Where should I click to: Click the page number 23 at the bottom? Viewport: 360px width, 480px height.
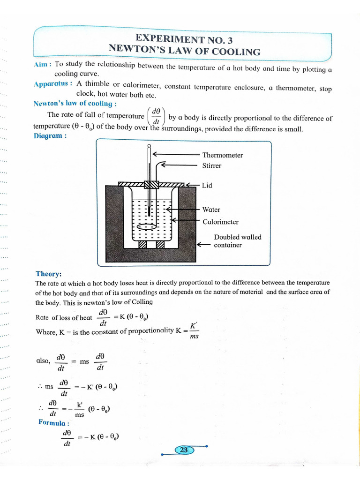(x=184, y=450)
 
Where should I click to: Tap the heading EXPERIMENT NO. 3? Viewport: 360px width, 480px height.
(x=184, y=39)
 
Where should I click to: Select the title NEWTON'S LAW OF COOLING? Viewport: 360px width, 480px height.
(x=184, y=50)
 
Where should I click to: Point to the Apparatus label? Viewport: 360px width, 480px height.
(x=52, y=84)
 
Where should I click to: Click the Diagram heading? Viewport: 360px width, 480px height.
(x=50, y=135)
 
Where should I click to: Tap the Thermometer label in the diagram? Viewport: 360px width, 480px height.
(x=222, y=155)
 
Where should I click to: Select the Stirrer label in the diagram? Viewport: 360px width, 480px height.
(x=212, y=165)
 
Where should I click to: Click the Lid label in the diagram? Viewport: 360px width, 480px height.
(x=207, y=185)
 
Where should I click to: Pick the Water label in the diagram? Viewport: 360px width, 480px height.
(x=211, y=210)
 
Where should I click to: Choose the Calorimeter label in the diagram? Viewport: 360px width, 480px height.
(x=220, y=222)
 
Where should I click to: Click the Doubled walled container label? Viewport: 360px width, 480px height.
(x=237, y=241)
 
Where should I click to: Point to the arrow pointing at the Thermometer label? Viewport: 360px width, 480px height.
(x=176, y=155)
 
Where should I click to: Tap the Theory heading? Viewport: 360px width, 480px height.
(x=48, y=274)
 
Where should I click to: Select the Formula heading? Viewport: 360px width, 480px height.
(x=54, y=422)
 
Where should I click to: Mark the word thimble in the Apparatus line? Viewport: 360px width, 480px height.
(x=96, y=84)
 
